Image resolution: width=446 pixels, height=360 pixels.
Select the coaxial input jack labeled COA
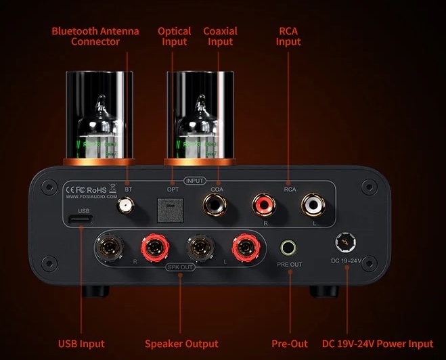click(216, 203)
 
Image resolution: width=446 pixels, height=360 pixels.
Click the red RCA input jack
click(263, 203)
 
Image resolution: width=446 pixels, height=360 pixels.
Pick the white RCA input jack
click(313, 203)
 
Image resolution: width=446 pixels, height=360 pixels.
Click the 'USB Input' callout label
click(82, 344)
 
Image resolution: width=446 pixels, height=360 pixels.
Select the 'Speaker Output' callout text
click(181, 344)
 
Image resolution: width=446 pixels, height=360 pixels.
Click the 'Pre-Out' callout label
click(290, 344)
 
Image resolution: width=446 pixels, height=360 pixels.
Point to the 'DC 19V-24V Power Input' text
click(378, 344)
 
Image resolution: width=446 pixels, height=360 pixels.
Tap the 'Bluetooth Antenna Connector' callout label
click(95, 37)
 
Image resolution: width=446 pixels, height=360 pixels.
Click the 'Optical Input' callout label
click(175, 37)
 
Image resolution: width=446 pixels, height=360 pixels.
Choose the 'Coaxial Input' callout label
click(220, 37)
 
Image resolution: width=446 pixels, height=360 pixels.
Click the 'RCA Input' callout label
click(289, 37)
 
